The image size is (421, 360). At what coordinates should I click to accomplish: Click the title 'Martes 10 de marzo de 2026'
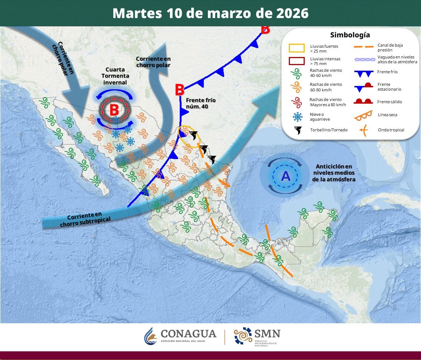tap(210, 13)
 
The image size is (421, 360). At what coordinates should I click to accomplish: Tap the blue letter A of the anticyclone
tap(285, 176)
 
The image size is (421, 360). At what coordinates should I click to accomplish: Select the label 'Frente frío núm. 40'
tap(201, 103)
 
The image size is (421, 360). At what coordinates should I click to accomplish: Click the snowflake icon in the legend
tap(297, 117)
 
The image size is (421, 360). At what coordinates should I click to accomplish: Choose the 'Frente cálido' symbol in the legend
tap(362, 101)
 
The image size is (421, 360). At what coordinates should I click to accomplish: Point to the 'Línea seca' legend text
tap(388, 115)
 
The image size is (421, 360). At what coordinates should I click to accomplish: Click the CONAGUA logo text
tap(188, 334)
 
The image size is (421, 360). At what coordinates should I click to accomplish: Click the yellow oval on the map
tap(189, 137)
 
